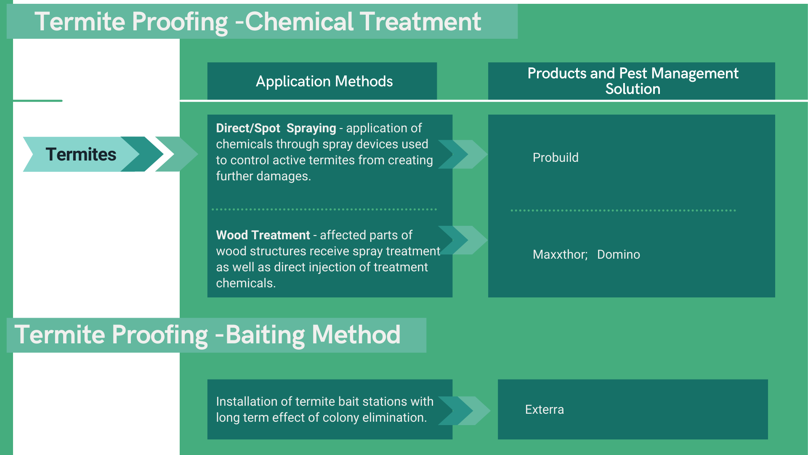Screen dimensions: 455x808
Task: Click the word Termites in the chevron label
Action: pos(81,155)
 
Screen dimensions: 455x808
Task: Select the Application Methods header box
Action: pos(324,81)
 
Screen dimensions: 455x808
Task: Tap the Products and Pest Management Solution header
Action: pos(633,81)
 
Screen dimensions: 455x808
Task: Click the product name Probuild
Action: pos(555,158)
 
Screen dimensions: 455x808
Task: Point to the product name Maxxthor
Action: pos(560,254)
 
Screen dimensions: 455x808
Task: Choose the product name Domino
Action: pos(618,254)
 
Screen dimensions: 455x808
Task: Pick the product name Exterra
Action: pos(544,409)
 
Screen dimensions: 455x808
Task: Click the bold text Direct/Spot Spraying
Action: pos(276,128)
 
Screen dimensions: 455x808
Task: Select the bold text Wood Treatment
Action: pos(263,235)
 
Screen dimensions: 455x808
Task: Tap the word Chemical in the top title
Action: pos(299,21)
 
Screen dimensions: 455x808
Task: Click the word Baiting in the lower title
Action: pos(265,335)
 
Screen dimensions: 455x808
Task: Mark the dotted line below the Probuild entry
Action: pos(623,210)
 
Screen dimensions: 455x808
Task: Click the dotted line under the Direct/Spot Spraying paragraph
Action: pos(324,209)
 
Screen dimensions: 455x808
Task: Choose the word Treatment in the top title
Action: pos(420,21)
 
